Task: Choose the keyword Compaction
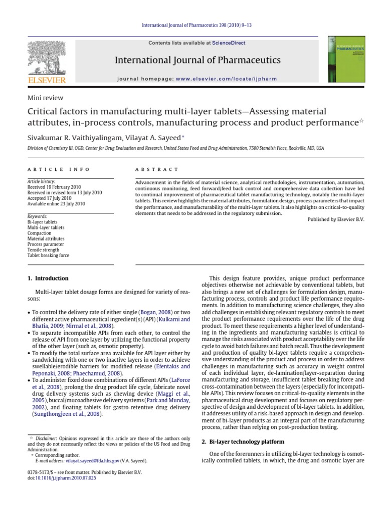[x=40, y=233]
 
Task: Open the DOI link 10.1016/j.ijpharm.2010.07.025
[x=65, y=478]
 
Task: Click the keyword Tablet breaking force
[x=49, y=255]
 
